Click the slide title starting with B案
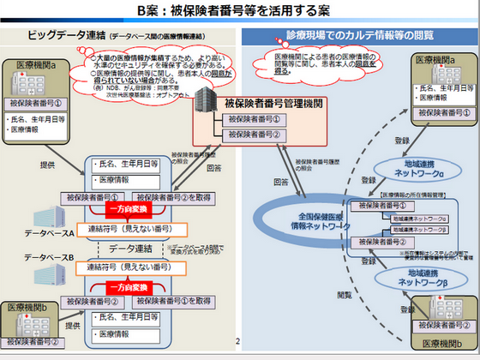coord(240,12)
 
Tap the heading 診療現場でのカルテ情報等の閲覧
coord(358,37)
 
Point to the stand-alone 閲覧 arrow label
coord(345,293)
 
